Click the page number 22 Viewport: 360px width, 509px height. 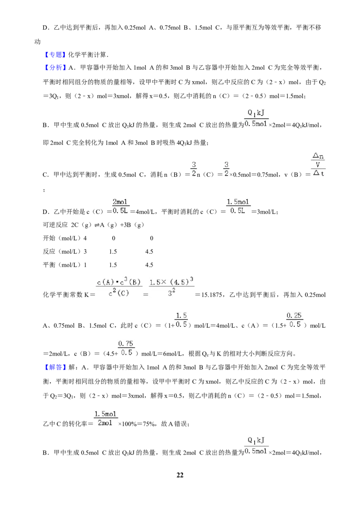pyautogui.click(x=180, y=475)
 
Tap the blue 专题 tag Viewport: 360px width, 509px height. pyautogui.click(x=55, y=54)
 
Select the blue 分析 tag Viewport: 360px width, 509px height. pyautogui.click(x=55, y=67)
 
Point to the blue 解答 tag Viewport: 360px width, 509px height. pyautogui.click(x=55, y=367)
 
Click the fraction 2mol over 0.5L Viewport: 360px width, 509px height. pyautogui.click(x=120, y=206)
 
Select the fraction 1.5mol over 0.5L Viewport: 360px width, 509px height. pyautogui.click(x=238, y=206)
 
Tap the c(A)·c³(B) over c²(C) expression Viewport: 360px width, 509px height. pyautogui.click(x=119, y=287)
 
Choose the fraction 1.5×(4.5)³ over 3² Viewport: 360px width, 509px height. pyautogui.click(x=171, y=287)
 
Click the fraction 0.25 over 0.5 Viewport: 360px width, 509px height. pyautogui.click(x=294, y=320)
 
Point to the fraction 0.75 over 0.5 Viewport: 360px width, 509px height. pyautogui.click(x=126, y=348)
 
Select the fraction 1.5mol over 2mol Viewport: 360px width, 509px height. pyautogui.click(x=105, y=419)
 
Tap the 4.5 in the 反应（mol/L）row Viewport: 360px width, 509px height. pyautogui.click(x=149, y=252)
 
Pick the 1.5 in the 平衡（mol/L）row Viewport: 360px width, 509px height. pyautogui.click(x=113, y=265)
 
